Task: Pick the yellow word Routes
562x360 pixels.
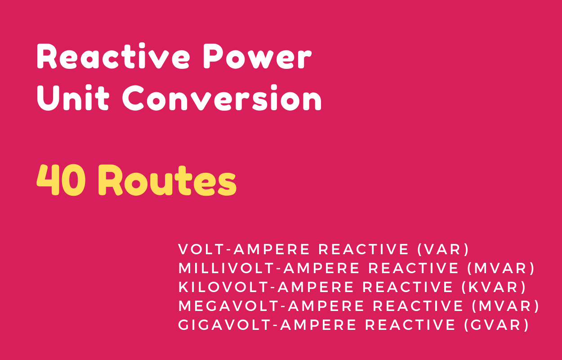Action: click(167, 180)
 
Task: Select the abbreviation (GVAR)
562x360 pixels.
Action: click(496, 325)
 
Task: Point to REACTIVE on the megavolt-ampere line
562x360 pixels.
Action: click(418, 306)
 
